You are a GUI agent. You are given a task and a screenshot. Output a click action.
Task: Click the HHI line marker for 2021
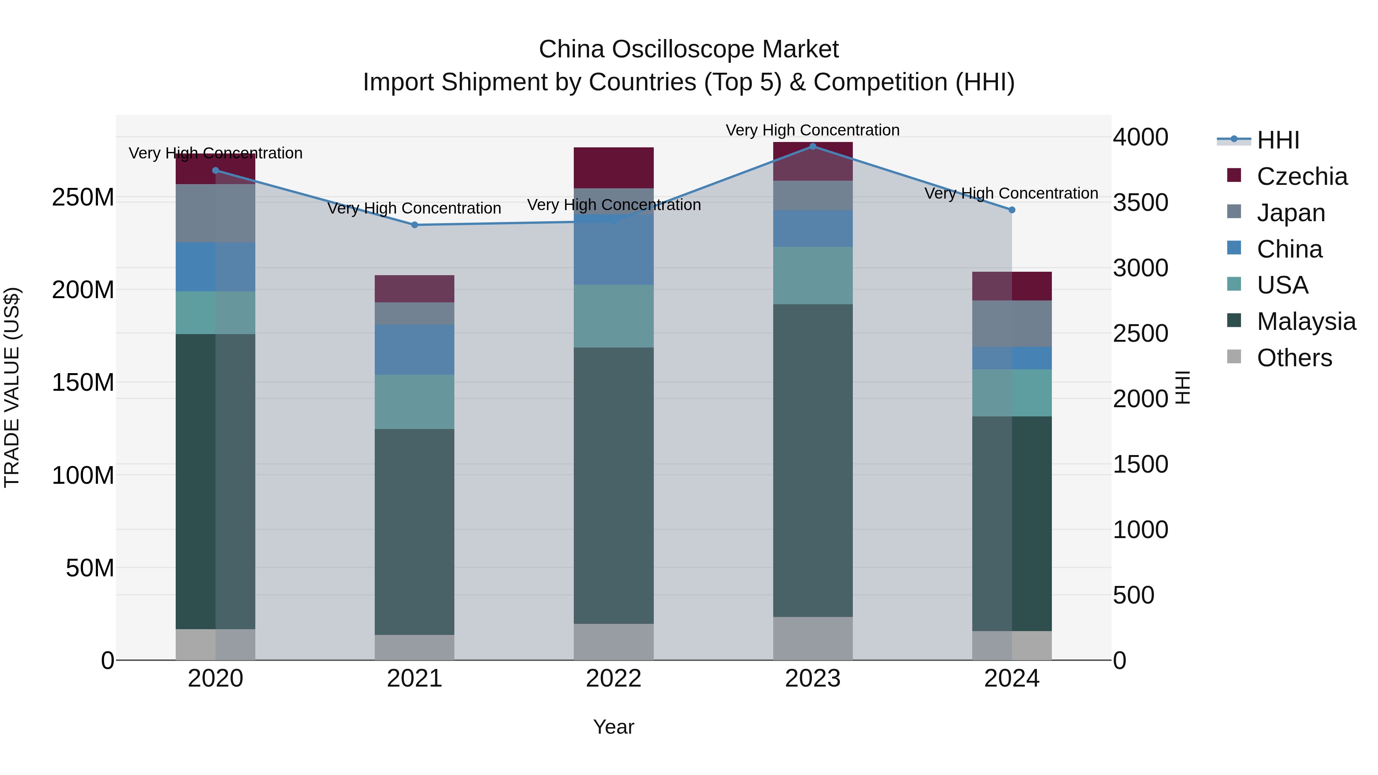pos(415,225)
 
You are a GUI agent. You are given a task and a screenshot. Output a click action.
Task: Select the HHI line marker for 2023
pos(813,146)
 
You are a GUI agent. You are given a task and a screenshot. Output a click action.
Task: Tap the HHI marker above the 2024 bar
pos(1012,210)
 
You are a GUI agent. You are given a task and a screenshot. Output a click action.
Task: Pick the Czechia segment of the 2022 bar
pos(614,167)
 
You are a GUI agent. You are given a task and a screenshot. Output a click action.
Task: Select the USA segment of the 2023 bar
pos(813,276)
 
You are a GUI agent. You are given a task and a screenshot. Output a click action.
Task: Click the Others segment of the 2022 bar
pos(614,641)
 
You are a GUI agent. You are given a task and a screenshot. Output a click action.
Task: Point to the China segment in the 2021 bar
pos(415,349)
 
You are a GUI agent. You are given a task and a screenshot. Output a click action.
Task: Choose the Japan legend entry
pos(1291,212)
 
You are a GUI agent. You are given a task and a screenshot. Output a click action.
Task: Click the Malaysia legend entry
pos(1306,321)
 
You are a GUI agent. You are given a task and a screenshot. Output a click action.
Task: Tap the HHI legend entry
pos(1277,140)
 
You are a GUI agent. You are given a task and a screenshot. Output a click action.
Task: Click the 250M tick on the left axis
pos(83,197)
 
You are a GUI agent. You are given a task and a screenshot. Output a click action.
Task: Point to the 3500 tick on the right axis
pos(1141,203)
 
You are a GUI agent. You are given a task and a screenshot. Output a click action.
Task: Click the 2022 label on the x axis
pos(614,679)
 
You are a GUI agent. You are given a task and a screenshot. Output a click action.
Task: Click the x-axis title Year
pos(614,727)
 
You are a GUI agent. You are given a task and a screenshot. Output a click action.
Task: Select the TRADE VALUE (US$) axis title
pos(12,387)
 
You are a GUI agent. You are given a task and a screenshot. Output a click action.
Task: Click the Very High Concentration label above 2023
pos(813,130)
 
